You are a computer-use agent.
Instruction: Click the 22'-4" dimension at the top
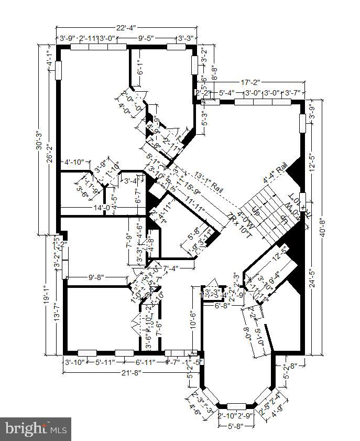pos(126,27)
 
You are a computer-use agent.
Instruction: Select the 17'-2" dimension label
pos(251,83)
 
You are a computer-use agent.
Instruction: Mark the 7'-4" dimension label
pos(171,268)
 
